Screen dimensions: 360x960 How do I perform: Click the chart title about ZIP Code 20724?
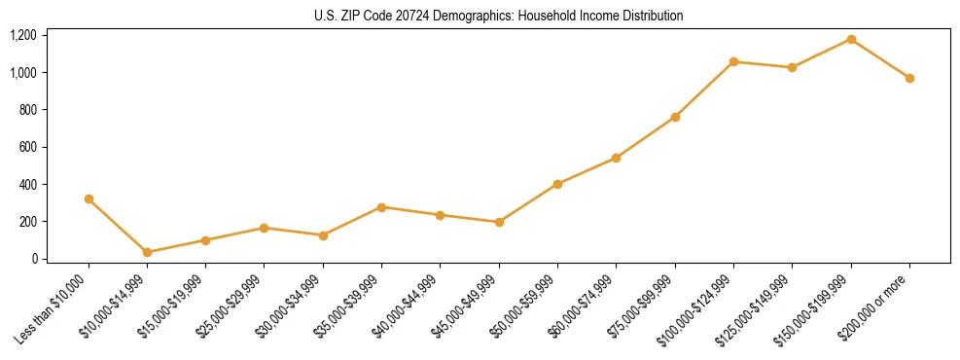coord(499,16)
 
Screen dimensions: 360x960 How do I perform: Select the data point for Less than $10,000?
coord(89,198)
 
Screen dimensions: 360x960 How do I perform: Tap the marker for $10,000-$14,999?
coord(147,252)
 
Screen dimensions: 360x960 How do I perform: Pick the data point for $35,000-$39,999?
coord(381,207)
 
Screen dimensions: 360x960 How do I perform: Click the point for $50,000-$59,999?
coord(557,184)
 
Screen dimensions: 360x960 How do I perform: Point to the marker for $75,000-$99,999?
coord(675,117)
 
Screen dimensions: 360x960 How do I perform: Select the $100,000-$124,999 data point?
coord(733,61)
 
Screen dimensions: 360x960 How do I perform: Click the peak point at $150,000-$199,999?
coord(851,39)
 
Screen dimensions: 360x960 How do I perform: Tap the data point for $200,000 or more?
coord(909,78)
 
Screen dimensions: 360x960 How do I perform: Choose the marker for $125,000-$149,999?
coord(792,67)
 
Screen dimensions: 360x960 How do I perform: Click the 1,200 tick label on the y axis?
coord(22,35)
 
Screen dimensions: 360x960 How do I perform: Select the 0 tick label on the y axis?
coord(34,259)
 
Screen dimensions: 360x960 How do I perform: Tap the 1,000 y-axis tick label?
coord(22,72)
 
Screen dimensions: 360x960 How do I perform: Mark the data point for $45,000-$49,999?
coord(499,222)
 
